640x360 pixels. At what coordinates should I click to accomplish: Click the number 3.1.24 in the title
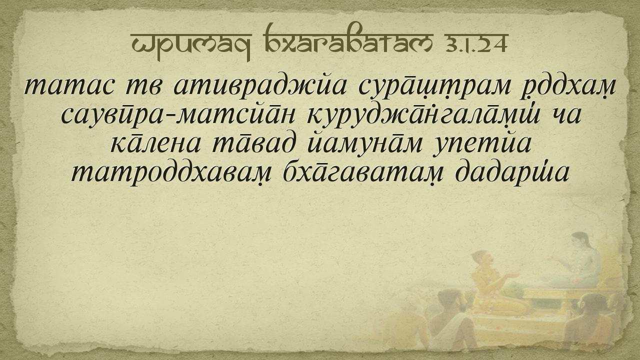pos(475,43)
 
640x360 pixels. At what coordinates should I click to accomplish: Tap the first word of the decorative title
pos(190,45)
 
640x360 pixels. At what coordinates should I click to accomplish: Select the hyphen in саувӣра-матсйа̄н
pos(173,116)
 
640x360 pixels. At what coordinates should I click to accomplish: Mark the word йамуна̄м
pos(365,144)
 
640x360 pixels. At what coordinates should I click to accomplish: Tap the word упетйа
pos(482,144)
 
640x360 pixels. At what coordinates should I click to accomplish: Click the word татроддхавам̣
pos(171,173)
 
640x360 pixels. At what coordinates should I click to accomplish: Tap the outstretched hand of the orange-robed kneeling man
pos(512,275)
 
